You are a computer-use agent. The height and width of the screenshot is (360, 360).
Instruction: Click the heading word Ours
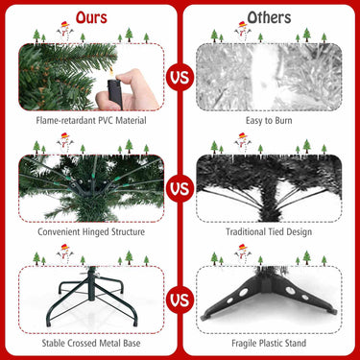click(x=91, y=17)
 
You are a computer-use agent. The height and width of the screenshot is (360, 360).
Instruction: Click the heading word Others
click(x=269, y=17)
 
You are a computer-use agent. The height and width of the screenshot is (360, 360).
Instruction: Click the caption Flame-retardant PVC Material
click(x=91, y=120)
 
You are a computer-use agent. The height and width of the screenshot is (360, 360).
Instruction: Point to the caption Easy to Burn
click(x=269, y=120)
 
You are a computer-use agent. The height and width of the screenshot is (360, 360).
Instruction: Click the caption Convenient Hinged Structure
click(x=91, y=231)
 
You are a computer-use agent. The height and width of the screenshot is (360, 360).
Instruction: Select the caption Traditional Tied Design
click(x=269, y=231)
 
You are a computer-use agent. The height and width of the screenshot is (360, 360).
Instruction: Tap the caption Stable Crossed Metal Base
click(x=91, y=343)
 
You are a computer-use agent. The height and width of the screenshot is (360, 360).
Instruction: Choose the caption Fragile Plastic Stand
click(x=269, y=343)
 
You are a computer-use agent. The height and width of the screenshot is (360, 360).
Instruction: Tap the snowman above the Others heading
click(x=242, y=31)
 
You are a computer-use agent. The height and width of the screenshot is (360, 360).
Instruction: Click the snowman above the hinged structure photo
click(x=64, y=142)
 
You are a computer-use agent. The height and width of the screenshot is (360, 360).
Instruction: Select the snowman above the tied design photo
click(x=242, y=142)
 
